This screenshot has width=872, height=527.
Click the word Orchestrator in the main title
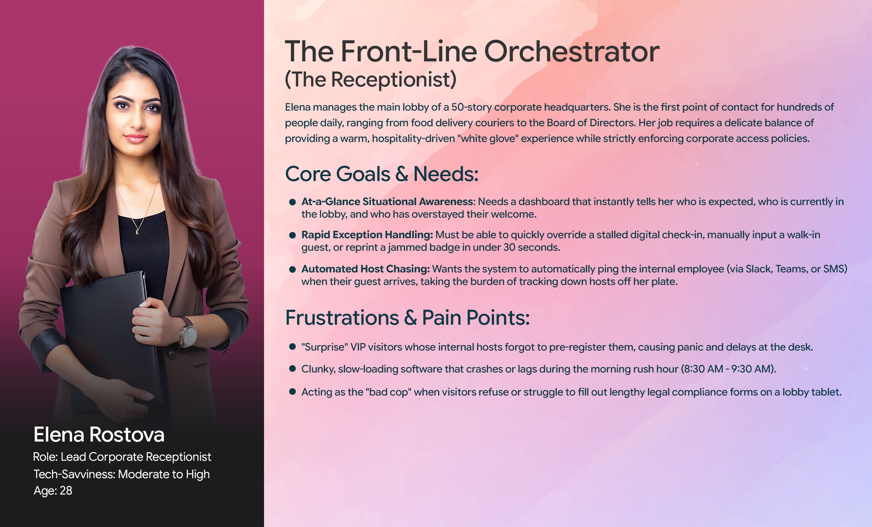572,52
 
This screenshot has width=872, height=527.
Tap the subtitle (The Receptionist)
370,79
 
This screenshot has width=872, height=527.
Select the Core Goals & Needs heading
382,174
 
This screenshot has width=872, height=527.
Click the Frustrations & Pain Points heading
407,317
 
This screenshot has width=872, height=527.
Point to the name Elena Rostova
99,434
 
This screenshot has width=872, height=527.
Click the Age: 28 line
53,490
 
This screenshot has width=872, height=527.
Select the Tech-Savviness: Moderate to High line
121,474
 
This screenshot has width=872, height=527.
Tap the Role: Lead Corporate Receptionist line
122,457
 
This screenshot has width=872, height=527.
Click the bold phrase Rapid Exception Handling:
367,235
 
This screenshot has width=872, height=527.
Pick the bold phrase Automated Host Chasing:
366,269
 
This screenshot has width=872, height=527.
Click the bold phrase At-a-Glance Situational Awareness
388,201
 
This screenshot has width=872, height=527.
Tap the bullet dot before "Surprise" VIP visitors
292,346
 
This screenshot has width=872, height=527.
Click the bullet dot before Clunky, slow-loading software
292,368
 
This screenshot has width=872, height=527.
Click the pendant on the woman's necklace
137,232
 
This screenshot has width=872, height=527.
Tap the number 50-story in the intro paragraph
471,107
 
